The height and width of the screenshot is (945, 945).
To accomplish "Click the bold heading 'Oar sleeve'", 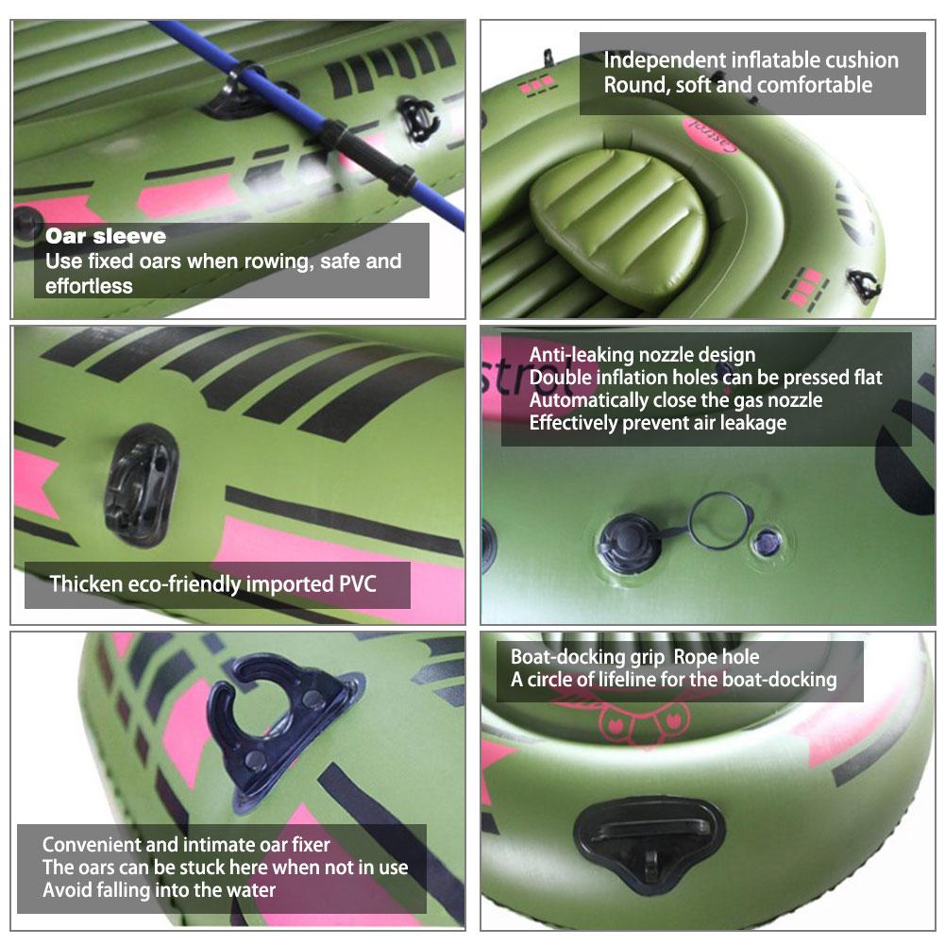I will pyautogui.click(x=105, y=236).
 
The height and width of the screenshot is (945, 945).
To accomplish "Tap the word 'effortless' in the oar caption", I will pyautogui.click(x=89, y=285).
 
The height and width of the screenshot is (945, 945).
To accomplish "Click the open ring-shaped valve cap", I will pyautogui.click(x=719, y=520).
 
